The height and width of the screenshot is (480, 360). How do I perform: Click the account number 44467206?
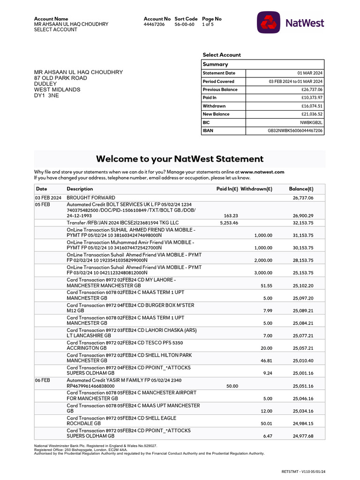coord(154,24)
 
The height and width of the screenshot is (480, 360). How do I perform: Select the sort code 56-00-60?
coord(184,24)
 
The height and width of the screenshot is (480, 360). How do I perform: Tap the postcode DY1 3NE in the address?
coord(47,95)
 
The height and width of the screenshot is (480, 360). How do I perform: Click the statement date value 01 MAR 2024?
coord(310,73)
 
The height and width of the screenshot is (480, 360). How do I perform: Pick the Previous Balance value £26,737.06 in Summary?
coord(312,90)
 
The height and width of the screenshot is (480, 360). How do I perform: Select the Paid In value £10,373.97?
coord(312,97)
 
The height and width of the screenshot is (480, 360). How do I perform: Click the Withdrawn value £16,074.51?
coord(312,106)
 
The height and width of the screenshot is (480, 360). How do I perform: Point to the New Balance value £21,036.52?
coord(312,114)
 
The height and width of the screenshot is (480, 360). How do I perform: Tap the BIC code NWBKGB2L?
coord(311,122)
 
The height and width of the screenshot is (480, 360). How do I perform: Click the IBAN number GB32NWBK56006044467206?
coord(295,131)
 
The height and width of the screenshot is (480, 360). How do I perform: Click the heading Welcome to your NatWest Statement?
coord(180,159)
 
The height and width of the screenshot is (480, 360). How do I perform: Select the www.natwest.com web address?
coord(262,172)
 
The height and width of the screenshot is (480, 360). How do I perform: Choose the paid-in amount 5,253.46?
coord(229,223)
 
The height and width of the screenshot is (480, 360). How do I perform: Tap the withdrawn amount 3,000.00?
coord(263,272)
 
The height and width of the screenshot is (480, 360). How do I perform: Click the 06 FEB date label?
coord(42,381)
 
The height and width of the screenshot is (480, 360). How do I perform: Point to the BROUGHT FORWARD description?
coord(91,198)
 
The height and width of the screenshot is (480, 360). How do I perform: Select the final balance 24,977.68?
coord(303,436)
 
